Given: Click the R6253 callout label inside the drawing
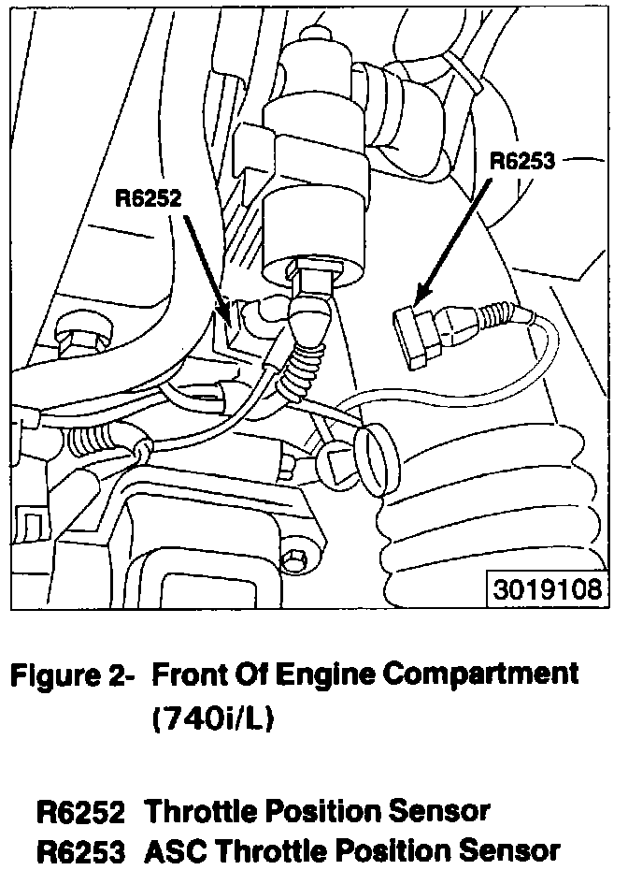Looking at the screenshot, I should [x=523, y=161].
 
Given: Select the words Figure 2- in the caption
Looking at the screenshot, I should [x=71, y=674].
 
